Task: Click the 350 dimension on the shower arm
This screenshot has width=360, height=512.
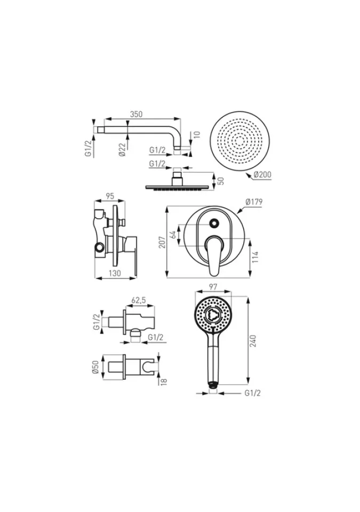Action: click(136, 114)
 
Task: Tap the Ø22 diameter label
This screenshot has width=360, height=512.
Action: click(123, 149)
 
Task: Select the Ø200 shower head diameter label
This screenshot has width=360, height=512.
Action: click(262, 175)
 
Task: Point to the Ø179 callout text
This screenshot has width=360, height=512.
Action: click(254, 202)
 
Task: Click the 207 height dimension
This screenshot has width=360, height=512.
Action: click(162, 242)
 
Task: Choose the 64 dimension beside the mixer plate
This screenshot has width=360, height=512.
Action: click(173, 234)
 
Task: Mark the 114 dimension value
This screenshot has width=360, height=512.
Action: click(255, 257)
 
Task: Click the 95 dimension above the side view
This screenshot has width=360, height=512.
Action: click(110, 196)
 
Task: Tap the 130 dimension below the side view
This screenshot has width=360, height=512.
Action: click(114, 273)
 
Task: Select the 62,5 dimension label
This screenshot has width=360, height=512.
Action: click(139, 300)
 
